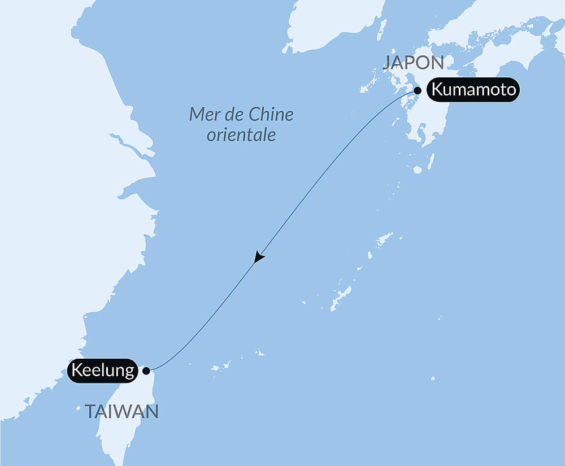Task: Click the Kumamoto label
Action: [x=472, y=90]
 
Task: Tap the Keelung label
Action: [x=102, y=371]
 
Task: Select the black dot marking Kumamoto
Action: [x=418, y=90]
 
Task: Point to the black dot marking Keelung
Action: [x=146, y=371]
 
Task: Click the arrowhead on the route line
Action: [x=259, y=257]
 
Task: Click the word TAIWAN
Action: [x=121, y=412]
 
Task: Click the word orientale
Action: [x=241, y=136]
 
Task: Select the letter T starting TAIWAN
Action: [x=90, y=412]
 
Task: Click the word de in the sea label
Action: [x=236, y=115]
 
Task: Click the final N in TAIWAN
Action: [x=152, y=412]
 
